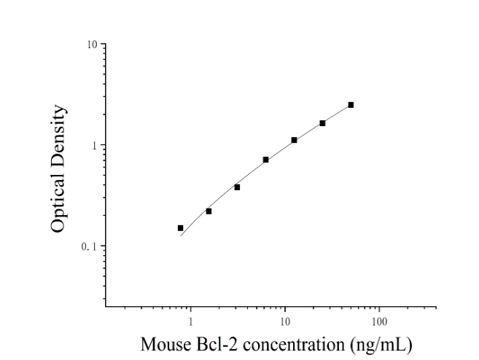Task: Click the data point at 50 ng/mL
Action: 351,105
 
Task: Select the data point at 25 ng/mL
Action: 322,123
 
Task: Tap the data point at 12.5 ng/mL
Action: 294,140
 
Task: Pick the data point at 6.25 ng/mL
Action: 265,160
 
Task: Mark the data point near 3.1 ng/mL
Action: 237,187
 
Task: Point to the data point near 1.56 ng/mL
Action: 209,211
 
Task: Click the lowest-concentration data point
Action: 180,228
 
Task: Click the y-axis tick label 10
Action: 92,44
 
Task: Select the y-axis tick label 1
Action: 94,146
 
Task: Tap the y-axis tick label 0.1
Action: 89,246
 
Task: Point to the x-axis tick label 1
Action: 190,322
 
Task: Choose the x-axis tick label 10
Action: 285,322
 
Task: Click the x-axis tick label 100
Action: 379,322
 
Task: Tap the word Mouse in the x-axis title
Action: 165,344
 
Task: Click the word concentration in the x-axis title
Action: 294,345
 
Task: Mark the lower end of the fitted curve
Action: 181,236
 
